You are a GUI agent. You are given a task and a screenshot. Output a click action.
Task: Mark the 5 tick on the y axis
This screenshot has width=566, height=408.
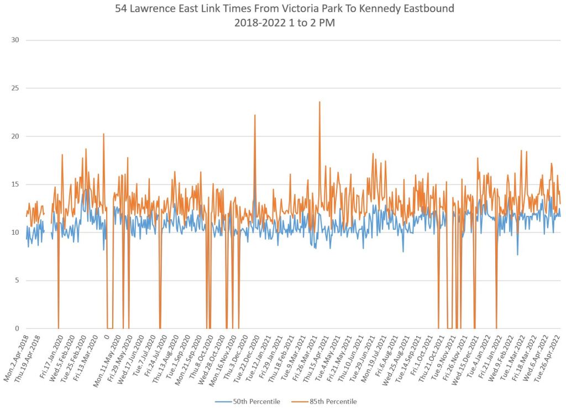click(x=17, y=280)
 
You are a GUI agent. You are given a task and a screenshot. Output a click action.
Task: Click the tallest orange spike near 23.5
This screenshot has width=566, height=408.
click(x=319, y=102)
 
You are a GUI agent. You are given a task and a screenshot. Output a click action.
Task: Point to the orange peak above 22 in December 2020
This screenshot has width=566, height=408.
click(x=255, y=116)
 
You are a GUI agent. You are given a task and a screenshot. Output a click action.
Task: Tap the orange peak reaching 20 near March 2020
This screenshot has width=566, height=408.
click(x=103, y=134)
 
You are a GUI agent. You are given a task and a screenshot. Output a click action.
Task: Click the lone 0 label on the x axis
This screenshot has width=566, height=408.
click(x=106, y=337)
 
